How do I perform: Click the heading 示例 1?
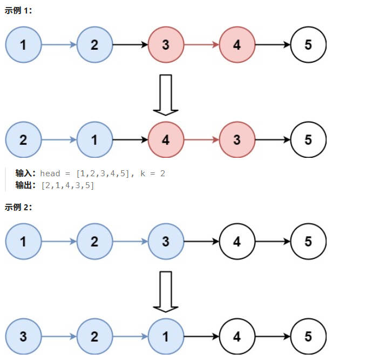18,11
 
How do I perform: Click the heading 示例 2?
18,207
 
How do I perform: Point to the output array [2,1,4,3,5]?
67,185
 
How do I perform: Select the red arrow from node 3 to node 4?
201,45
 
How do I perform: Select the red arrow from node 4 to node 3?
201,140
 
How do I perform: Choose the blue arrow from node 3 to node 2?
59,337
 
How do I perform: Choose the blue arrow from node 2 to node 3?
130,242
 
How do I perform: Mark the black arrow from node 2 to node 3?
130,45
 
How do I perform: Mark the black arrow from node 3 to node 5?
273,140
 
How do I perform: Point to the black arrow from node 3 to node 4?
201,242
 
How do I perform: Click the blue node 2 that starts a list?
23,140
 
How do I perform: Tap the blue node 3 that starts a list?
23,337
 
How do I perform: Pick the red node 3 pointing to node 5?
237,140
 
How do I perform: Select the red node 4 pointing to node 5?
237,45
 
